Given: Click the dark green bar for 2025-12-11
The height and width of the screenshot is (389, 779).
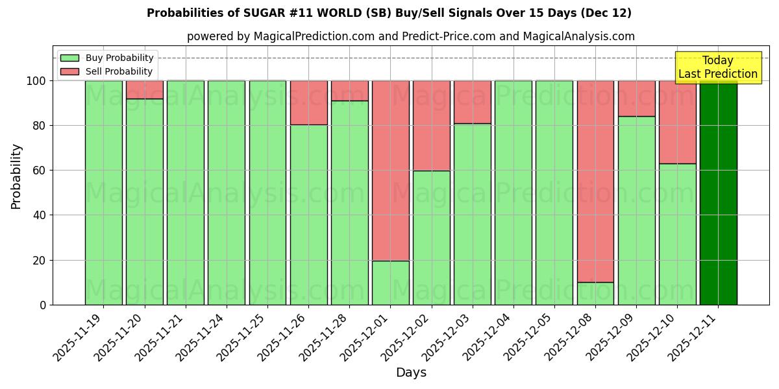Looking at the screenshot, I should tap(718, 193).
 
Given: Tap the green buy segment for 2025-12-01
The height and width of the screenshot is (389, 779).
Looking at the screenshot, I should tap(390, 283).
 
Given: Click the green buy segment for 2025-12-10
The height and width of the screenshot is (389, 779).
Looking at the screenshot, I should tap(677, 234).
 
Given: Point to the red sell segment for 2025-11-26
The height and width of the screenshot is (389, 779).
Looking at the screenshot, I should tap(308, 102).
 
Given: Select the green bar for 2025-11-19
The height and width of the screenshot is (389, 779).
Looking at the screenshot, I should tap(103, 193).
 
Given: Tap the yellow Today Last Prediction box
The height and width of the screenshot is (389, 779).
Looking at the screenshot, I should tap(717, 67).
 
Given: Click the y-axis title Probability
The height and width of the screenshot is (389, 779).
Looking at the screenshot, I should tap(16, 176).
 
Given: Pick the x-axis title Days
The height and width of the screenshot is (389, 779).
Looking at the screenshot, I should tap(411, 373).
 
